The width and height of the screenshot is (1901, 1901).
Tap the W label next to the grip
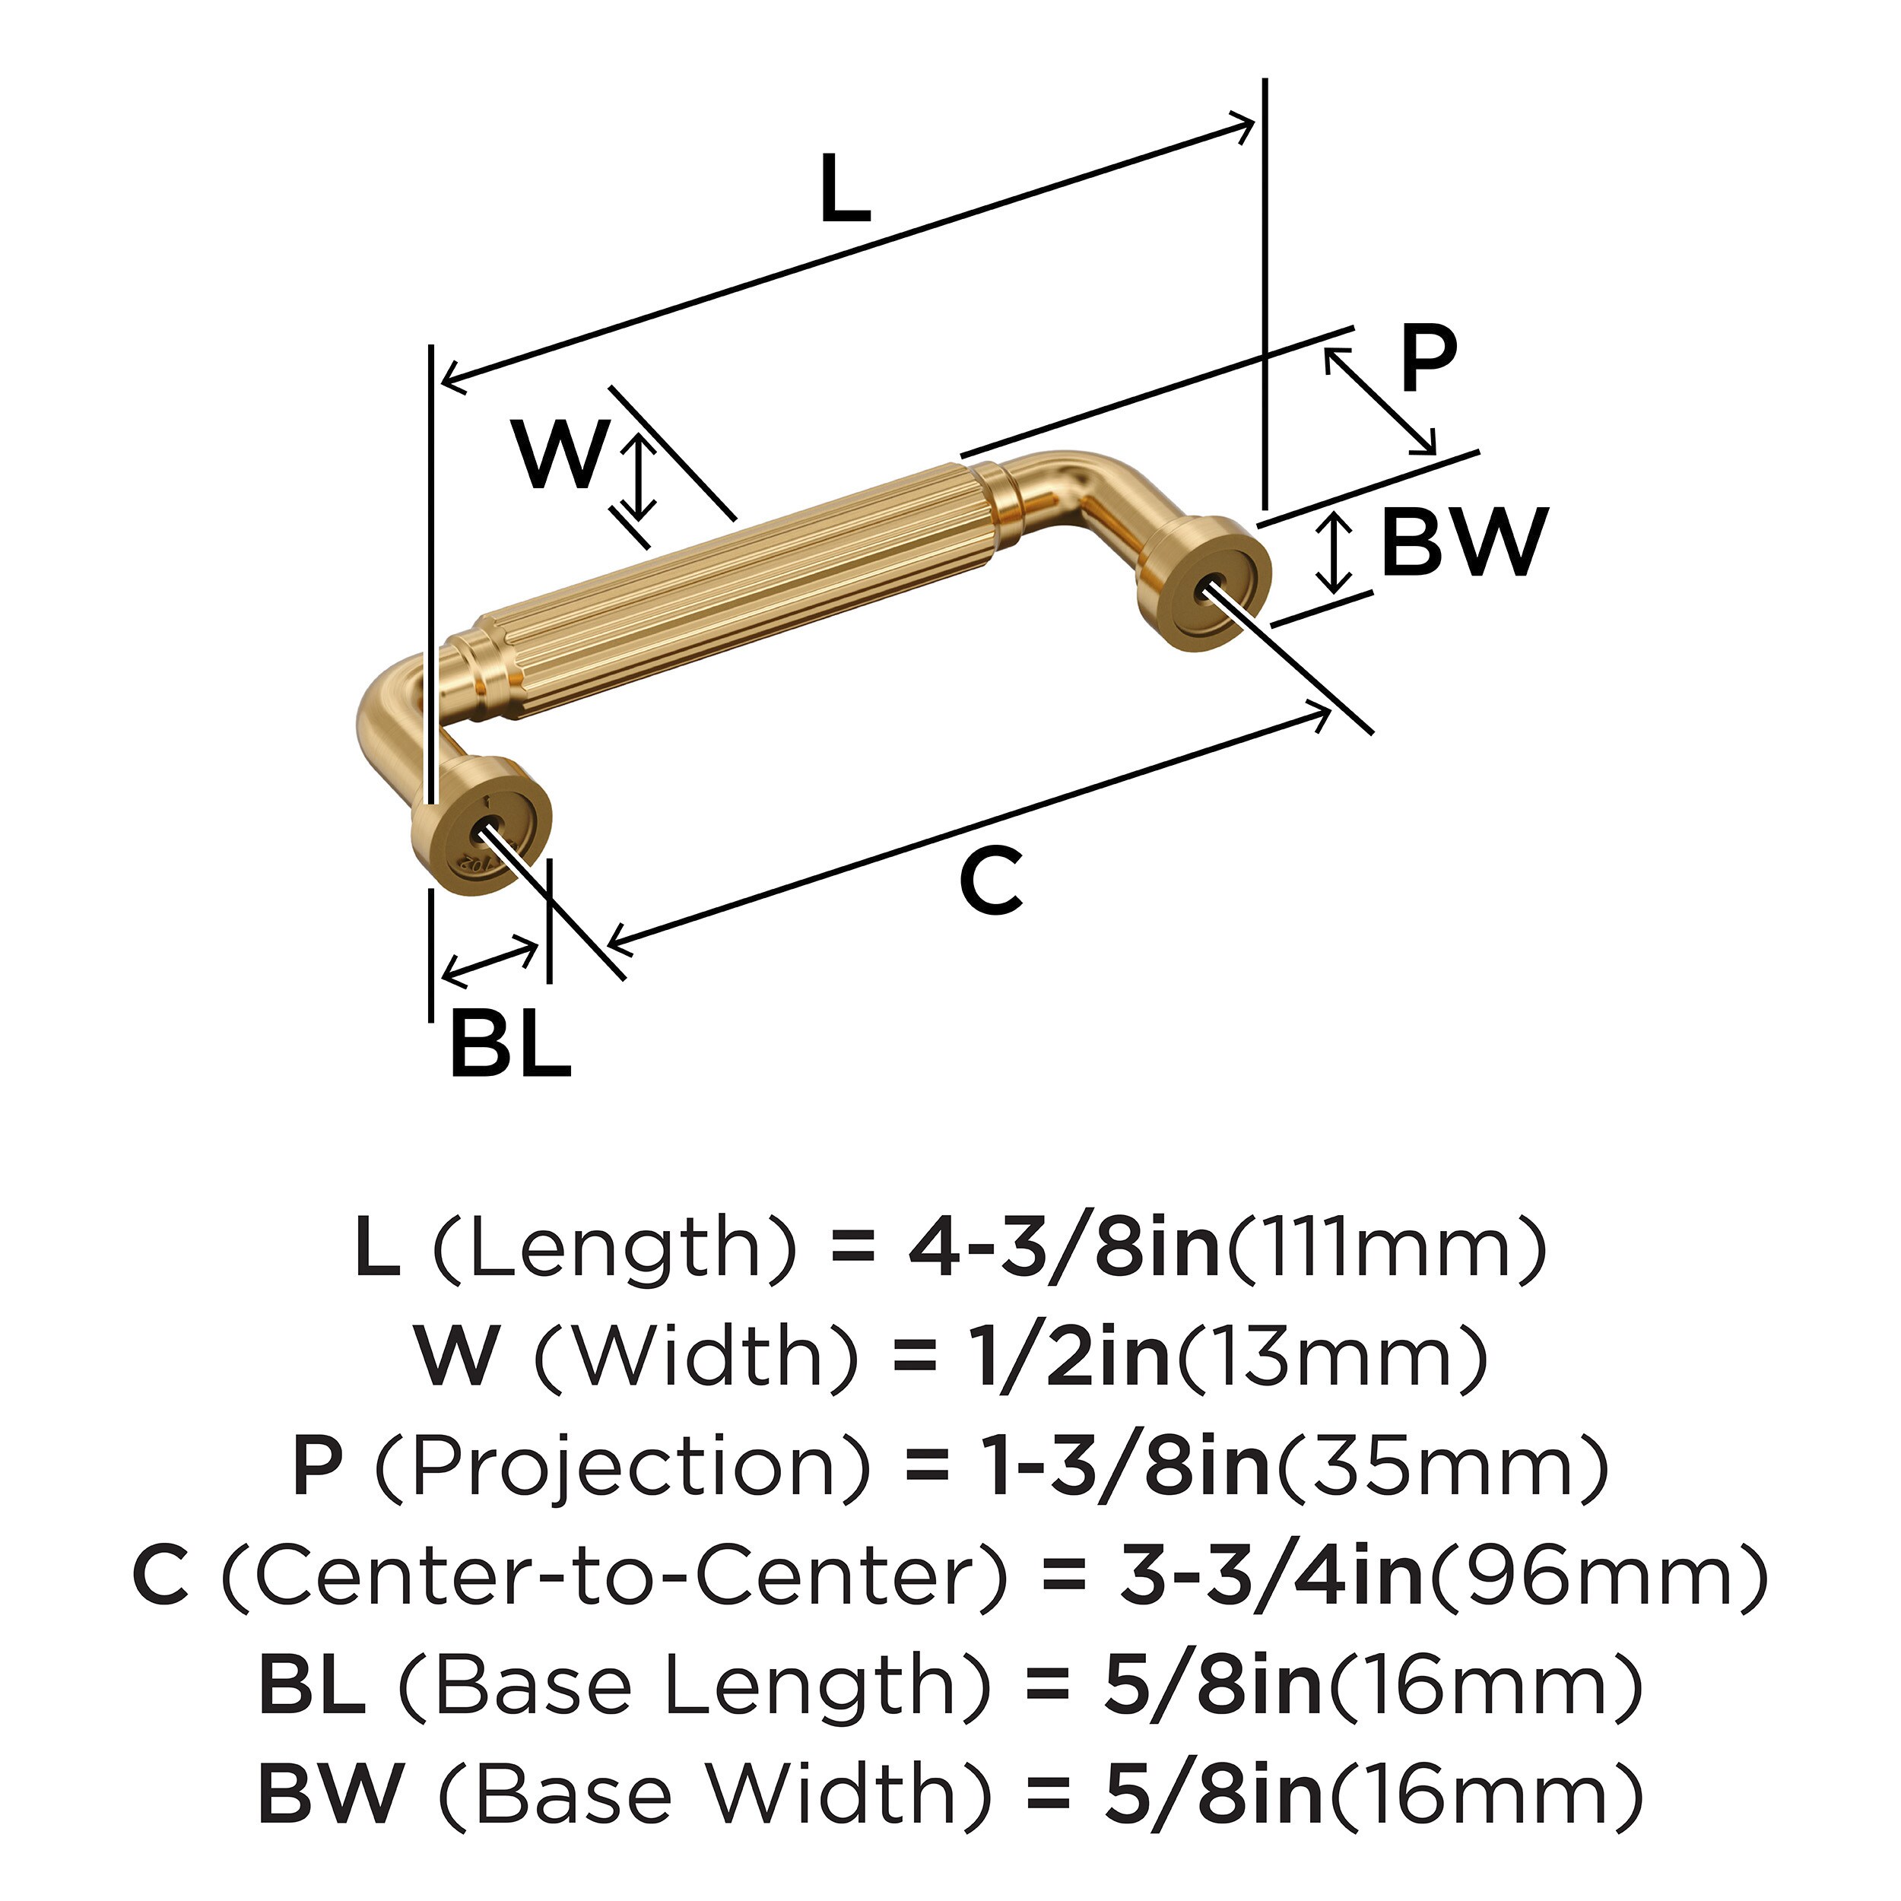tap(559, 454)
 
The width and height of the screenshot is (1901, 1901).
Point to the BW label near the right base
tap(1464, 542)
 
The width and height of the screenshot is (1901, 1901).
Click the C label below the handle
tap(990, 879)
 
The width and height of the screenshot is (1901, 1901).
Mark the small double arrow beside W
tap(639, 478)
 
